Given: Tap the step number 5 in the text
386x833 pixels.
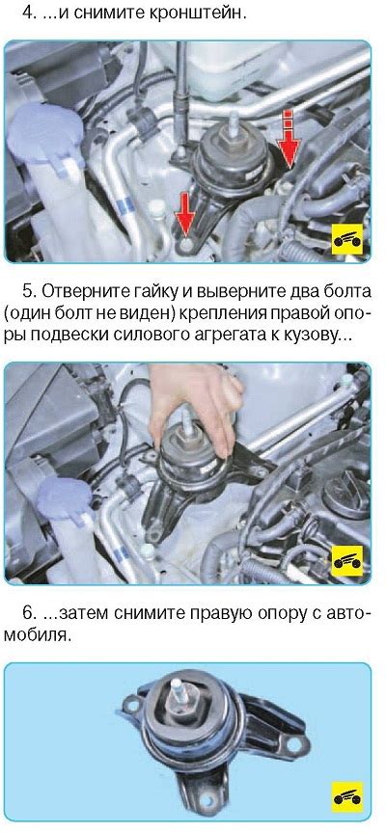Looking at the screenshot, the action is tap(28, 292).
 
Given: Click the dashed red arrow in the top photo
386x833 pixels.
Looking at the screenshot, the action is tap(289, 138).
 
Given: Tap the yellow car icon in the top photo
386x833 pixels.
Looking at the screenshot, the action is tap(347, 240).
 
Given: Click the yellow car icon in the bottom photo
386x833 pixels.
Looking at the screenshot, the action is tap(347, 796).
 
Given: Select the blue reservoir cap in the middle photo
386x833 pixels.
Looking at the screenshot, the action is tap(65, 497).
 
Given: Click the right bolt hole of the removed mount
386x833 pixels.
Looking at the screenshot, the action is tap(296, 744).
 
